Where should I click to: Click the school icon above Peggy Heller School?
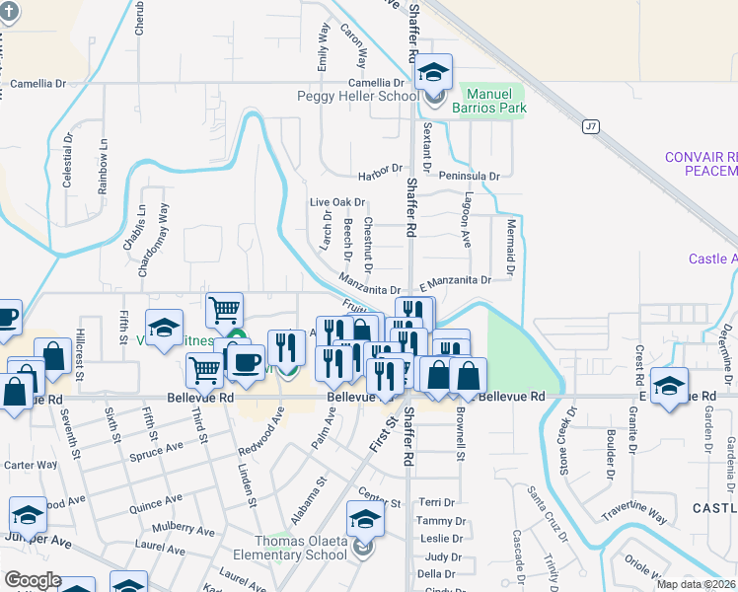tap(432, 72)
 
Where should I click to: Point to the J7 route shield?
tap(591, 126)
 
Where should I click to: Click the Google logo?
tap(32, 580)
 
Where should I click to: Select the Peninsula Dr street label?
tap(472, 176)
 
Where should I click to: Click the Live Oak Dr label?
tap(337, 202)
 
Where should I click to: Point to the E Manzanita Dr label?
tap(455, 281)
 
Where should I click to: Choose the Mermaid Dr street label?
tap(511, 247)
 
